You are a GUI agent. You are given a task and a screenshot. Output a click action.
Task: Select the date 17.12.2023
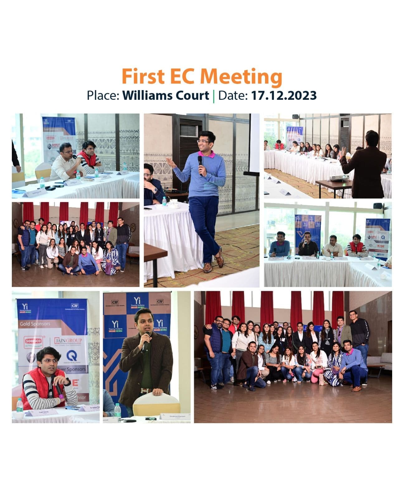284,95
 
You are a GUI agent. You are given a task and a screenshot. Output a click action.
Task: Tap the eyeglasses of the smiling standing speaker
203,142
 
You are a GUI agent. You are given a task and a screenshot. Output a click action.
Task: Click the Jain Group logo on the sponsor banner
68,341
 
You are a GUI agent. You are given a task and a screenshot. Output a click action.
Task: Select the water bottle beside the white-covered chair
117,412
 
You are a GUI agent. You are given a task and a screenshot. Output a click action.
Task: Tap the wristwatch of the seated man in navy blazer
155,190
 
